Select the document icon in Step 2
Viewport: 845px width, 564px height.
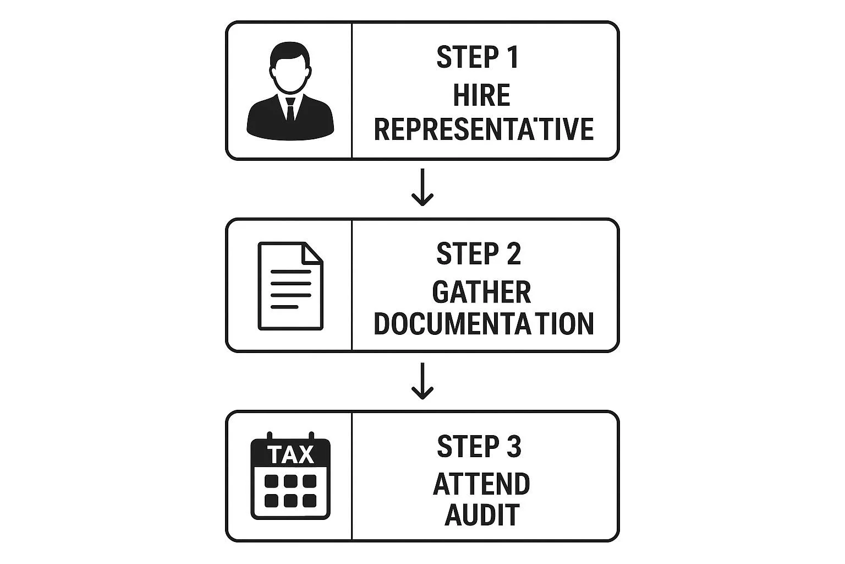[290, 286]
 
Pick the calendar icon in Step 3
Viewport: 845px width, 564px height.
[290, 476]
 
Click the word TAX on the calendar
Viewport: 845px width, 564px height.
[290, 455]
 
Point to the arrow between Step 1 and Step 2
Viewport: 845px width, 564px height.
[422, 187]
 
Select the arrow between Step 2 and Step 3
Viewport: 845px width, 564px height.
[422, 381]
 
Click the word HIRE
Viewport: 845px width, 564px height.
[481, 95]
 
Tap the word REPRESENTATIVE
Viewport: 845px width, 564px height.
[484, 129]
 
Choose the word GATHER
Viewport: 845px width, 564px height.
[481, 292]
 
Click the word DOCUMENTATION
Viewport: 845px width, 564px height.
[484, 324]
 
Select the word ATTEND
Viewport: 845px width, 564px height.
[481, 484]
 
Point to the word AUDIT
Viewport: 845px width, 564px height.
[482, 515]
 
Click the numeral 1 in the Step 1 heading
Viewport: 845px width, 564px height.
[513, 57]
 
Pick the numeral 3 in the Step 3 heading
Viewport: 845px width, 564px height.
[513, 446]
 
